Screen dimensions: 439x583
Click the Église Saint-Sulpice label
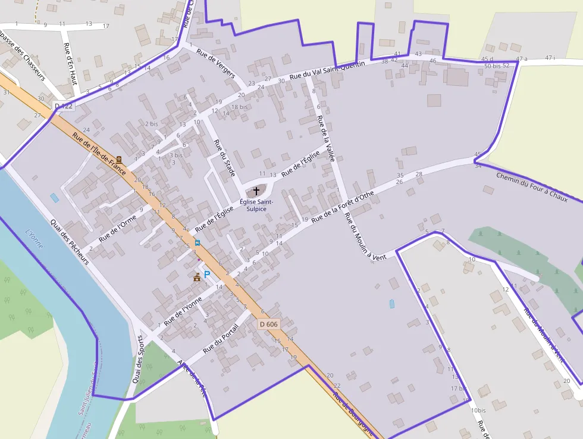click(256, 206)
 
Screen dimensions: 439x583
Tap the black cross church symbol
click(256, 191)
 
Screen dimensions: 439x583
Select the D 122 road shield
click(64, 106)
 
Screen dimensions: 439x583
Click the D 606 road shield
click(269, 324)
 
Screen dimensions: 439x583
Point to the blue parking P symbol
click(207, 275)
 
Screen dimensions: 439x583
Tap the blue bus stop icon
click(197, 242)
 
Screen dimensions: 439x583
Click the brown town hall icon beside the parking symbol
click(197, 276)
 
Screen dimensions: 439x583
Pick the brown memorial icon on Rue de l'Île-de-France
click(119, 160)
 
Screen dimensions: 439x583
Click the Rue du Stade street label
click(224, 157)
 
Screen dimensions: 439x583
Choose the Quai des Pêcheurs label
click(70, 240)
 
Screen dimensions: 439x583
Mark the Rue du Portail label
click(220, 338)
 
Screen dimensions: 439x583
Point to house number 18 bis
click(239, 107)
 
